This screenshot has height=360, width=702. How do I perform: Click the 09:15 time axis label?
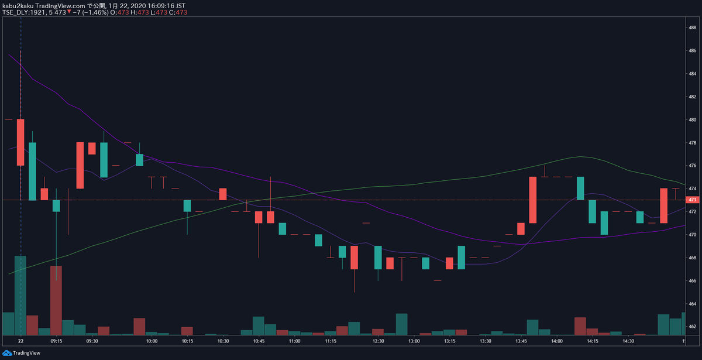pyautogui.click(x=57, y=340)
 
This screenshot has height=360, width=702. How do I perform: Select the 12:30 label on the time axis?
pyautogui.click(x=378, y=340)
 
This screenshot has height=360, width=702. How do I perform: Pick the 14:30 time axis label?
pyautogui.click(x=628, y=340)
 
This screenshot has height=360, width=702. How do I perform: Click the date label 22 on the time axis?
pyautogui.click(x=20, y=340)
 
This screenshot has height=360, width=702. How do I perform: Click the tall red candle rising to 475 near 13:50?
pyautogui.click(x=533, y=200)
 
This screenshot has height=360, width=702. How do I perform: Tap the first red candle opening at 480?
pyautogui.click(x=20, y=142)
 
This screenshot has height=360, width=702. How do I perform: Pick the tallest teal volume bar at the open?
pyautogui.click(x=20, y=295)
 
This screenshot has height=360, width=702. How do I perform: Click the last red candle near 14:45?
pyautogui.click(x=664, y=205)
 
